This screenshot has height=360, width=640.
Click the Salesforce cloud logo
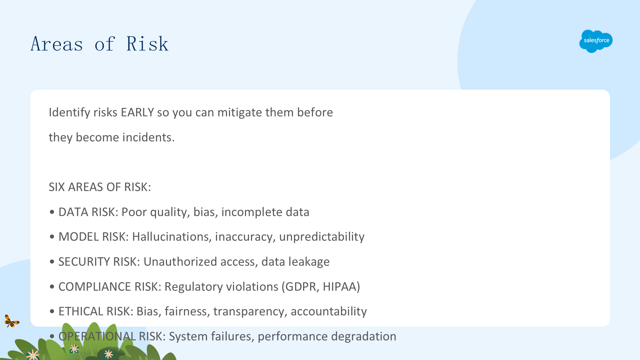pyautogui.click(x=596, y=41)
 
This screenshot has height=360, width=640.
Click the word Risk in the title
pyautogui.click(x=147, y=44)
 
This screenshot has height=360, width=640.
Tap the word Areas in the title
pyautogui.click(x=57, y=44)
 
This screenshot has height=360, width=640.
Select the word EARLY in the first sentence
pyautogui.click(x=137, y=113)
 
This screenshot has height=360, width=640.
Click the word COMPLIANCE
pyautogui.click(x=95, y=287)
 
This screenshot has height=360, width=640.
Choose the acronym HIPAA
pyautogui.click(x=339, y=287)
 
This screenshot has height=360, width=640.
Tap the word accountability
pyautogui.click(x=329, y=311)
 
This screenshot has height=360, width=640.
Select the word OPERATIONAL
pyautogui.click(x=97, y=336)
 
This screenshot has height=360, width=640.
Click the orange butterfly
pyautogui.click(x=12, y=321)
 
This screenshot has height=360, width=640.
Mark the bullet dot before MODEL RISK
pyautogui.click(x=52, y=237)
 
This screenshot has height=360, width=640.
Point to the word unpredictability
pyautogui.click(x=322, y=237)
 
